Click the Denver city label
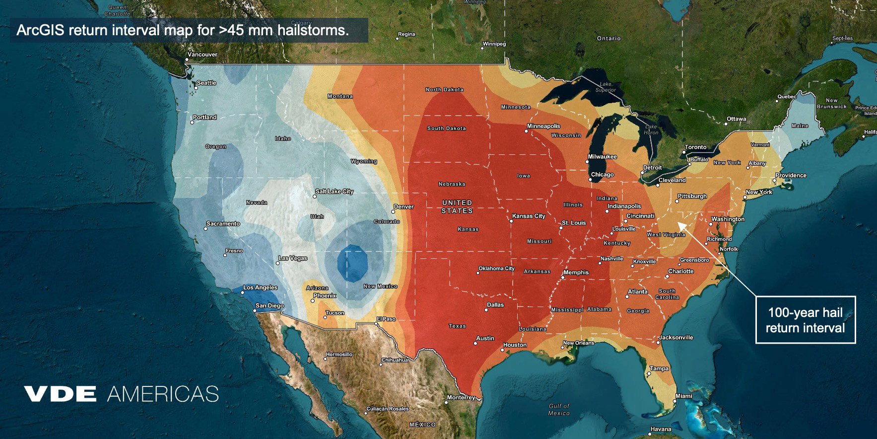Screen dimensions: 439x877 (404, 207)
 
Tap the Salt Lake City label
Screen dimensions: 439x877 (335, 191)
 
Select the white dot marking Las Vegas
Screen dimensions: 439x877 (278, 263)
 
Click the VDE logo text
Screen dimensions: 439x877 (60, 394)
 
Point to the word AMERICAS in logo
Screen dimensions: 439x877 (163, 394)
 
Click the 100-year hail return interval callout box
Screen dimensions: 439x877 (805, 320)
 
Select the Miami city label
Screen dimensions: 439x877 (683, 396)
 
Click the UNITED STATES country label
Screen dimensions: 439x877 (457, 207)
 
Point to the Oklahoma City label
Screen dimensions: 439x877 (496, 268)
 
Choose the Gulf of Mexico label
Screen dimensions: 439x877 (559, 409)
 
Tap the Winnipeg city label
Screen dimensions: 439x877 (494, 44)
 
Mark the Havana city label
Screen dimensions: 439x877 (661, 429)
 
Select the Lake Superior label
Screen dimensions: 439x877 (606, 87)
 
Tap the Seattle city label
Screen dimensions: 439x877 (206, 83)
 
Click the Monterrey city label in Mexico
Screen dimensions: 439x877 (461, 397)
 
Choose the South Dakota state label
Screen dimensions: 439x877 (447, 128)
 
